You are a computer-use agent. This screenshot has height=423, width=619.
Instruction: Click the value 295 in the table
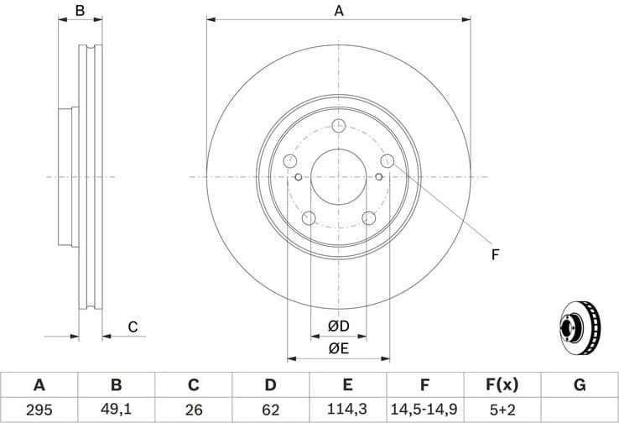click(39, 410)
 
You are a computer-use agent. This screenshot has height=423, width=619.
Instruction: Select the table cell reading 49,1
click(117, 410)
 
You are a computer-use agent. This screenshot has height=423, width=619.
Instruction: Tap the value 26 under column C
click(193, 410)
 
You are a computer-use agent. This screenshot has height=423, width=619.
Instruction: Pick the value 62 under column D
click(270, 410)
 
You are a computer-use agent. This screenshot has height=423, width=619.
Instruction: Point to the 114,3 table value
click(347, 410)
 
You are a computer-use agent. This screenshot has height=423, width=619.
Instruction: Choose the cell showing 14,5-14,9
click(424, 410)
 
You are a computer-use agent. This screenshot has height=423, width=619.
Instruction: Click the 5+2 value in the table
click(502, 410)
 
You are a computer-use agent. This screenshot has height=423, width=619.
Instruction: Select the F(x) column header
click(502, 385)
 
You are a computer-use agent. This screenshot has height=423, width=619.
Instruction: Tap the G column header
click(579, 385)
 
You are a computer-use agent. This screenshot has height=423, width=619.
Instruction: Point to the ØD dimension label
click(339, 326)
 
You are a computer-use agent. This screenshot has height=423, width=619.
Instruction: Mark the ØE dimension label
click(339, 348)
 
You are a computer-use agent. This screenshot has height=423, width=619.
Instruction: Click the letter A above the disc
click(339, 11)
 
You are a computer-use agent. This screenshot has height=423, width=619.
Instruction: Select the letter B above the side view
click(81, 11)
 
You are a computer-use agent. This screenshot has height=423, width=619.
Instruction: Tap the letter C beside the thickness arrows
click(133, 327)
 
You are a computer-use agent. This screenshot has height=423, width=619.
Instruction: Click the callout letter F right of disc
click(496, 253)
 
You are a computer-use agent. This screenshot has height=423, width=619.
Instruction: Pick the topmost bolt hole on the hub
click(339, 126)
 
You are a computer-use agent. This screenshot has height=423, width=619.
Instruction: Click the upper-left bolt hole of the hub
click(291, 160)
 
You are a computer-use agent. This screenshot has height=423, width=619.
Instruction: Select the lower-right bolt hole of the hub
click(369, 218)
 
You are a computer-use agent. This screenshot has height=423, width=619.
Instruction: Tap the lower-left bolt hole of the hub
click(309, 218)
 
